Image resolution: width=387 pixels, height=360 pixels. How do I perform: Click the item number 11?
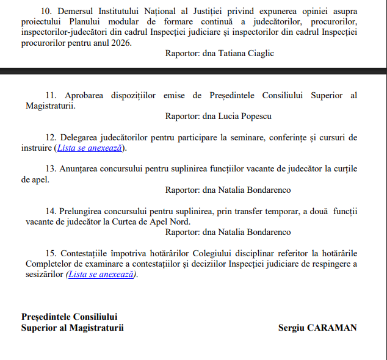[51, 96]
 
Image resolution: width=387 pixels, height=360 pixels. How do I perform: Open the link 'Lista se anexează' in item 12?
[90, 148]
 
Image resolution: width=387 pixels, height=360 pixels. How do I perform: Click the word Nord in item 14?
[179, 221]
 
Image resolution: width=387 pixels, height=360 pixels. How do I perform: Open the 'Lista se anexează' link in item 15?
[102, 275]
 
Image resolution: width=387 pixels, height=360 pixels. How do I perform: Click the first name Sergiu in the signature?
[290, 328]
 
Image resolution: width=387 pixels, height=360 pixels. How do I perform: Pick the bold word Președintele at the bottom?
[46, 317]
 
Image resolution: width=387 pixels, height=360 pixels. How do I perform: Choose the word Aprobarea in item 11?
[82, 96]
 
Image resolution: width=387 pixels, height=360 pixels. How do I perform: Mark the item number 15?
[51, 253]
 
